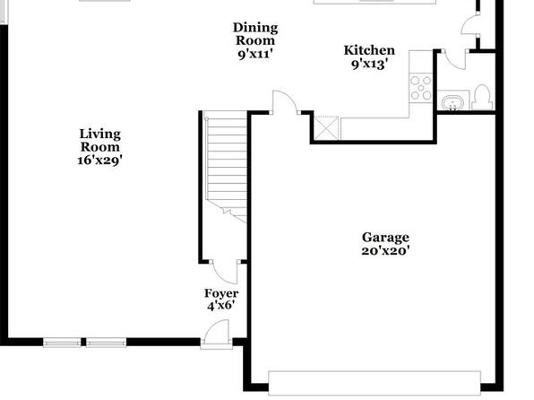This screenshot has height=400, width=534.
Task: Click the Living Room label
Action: (99, 140)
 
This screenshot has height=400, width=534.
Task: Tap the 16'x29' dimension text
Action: (99, 161)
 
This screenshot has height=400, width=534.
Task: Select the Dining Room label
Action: (255, 34)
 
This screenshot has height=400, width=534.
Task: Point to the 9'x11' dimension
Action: (255, 54)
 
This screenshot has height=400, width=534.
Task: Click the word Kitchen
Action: (369, 50)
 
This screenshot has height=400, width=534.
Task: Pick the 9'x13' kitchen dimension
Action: (369, 64)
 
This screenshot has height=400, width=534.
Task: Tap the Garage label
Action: (385, 238)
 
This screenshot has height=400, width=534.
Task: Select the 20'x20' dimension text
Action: (385, 250)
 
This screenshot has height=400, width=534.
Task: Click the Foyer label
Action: (221, 293)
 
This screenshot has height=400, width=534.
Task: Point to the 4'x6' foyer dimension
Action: (221, 305)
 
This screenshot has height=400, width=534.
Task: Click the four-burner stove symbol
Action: (421, 88)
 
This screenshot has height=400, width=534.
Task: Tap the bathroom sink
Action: (452, 102)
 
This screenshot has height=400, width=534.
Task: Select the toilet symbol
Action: (483, 97)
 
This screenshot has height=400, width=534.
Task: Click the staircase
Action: (226, 167)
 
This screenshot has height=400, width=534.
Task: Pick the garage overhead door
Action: (375, 383)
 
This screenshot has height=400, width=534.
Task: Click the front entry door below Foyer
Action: (216, 335)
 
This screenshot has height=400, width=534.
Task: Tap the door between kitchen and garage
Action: (286, 102)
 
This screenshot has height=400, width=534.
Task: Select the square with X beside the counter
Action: (326, 128)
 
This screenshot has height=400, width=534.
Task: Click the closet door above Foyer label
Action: (225, 272)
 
